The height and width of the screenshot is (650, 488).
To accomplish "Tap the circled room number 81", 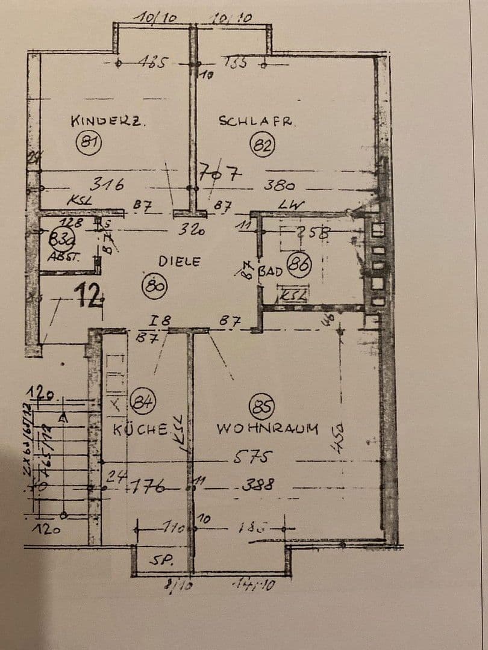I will point(89,143).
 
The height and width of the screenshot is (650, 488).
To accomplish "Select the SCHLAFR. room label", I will point(257,120).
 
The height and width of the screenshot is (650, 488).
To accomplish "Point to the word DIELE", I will point(179,261).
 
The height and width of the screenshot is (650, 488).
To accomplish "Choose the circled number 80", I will point(155,285).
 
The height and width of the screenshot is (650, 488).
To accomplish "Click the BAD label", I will point(271,271).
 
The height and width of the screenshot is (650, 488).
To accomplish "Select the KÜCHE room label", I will point(140,429).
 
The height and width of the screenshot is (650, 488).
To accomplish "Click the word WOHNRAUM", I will point(267,429).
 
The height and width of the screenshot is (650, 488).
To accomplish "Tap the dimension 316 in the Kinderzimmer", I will point(107,184).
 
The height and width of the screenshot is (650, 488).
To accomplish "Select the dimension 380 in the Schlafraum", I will point(279,185).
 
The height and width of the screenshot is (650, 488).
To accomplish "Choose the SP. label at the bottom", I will point(161,560).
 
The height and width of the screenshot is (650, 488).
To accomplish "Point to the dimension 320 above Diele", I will point(192,229).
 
